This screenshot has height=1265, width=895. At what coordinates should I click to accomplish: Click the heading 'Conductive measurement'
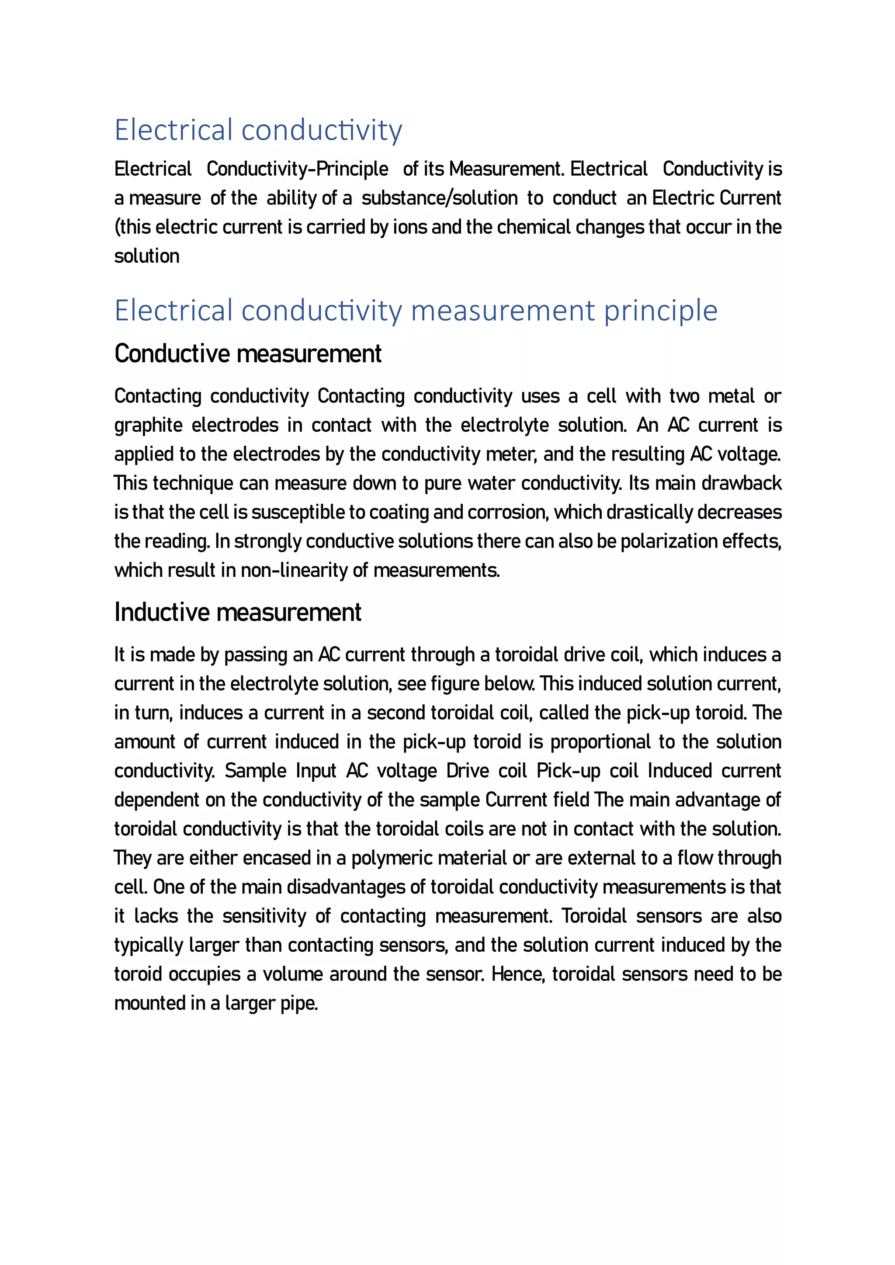pos(247,354)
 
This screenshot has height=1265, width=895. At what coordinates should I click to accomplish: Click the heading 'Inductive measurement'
pos(238,612)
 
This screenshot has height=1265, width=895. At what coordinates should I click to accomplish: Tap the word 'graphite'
pos(148,425)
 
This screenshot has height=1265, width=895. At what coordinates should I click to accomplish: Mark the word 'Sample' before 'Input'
pos(255,771)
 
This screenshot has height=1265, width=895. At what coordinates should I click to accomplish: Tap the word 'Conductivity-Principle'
pos(297,169)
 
